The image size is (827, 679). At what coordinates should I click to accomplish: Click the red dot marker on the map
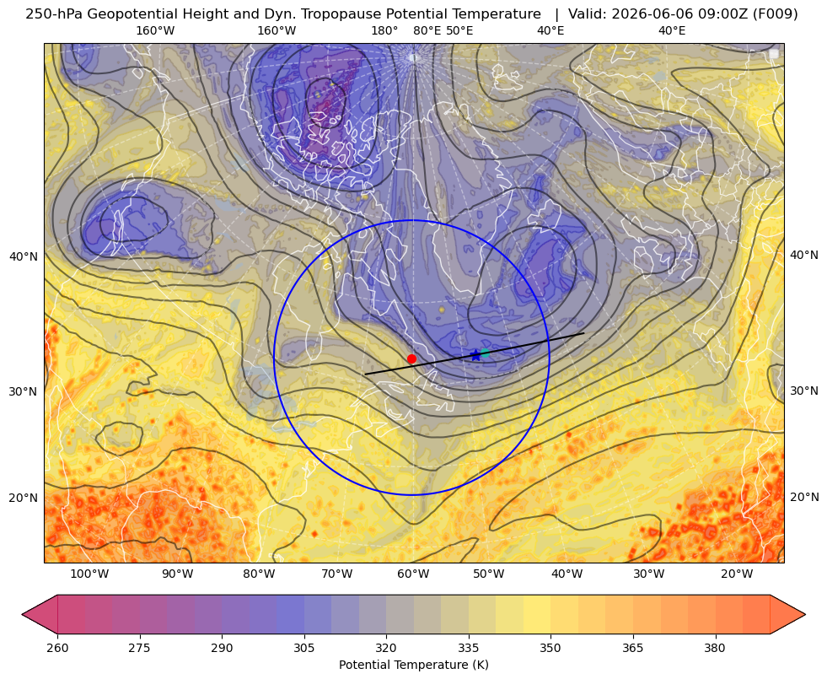coord(411,358)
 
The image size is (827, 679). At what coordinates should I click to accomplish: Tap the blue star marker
coord(475,355)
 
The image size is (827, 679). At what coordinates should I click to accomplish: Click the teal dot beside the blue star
coord(485,353)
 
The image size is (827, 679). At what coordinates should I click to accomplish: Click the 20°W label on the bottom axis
coord(737,574)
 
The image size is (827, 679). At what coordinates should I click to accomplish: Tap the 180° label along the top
coord(384,30)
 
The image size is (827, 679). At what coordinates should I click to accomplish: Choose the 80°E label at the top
coord(427,30)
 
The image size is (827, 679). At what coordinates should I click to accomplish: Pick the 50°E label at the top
coord(459,30)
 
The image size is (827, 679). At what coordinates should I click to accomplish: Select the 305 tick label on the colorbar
coord(304,648)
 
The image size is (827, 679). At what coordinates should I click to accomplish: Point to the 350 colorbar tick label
coord(550,648)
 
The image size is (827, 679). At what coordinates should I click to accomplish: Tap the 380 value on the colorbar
coord(715,648)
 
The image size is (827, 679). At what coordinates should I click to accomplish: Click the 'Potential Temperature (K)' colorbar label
coord(413,665)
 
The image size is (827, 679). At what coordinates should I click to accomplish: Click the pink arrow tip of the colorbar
coord(24,614)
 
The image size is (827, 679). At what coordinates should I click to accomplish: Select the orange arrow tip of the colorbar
coord(803,614)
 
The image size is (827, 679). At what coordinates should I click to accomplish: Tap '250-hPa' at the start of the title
coord(54,14)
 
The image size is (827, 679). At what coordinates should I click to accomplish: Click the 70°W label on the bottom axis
coord(336,574)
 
